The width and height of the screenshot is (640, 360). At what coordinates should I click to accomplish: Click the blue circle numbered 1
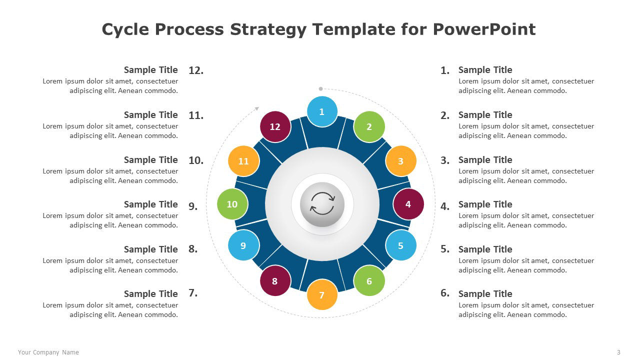[322, 111]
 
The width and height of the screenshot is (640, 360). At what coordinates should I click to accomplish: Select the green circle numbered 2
[369, 126]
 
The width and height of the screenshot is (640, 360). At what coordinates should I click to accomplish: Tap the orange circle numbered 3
[401, 161]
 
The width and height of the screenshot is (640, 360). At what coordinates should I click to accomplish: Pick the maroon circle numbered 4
[408, 204]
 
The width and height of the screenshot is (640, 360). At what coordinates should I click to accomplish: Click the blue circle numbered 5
[401, 245]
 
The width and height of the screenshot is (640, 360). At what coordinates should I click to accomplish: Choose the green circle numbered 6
[369, 280]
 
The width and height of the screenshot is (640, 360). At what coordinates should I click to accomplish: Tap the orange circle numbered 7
[322, 294]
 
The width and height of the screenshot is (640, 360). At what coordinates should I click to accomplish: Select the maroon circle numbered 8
[275, 280]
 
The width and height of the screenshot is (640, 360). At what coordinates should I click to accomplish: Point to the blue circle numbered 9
[243, 245]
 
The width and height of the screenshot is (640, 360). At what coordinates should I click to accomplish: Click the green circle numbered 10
[232, 204]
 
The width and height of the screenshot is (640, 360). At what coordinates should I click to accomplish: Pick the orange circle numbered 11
[243, 161]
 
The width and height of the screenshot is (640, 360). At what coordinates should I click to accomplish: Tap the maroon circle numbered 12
[275, 126]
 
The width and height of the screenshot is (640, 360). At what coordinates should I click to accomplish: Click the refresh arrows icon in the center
[322, 203]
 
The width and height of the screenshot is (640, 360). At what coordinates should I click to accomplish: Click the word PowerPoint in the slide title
[484, 29]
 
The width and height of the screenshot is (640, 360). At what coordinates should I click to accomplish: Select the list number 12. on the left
[196, 70]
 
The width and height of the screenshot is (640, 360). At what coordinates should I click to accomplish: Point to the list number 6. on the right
[445, 293]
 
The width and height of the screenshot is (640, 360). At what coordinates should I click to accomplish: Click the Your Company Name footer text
[48, 352]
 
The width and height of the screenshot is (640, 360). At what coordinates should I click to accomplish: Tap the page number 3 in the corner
[618, 352]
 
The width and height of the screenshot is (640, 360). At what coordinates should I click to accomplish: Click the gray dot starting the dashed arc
[320, 89]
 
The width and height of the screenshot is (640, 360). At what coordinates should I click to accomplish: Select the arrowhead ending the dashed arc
[257, 108]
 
